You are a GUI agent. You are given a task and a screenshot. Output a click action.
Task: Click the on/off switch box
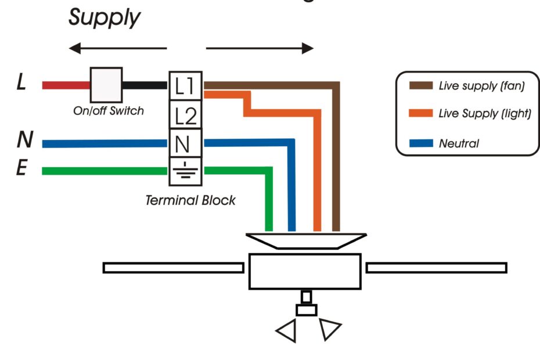[106, 85]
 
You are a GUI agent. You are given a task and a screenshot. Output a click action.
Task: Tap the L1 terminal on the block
[185, 86]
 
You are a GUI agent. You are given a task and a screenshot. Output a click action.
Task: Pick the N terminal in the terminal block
[185, 142]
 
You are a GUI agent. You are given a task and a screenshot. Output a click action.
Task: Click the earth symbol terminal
[185, 171]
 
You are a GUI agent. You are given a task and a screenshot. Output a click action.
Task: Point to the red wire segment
[66, 85]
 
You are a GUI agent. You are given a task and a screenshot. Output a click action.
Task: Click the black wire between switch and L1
[145, 85]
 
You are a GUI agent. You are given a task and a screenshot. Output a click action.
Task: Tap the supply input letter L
[21, 84]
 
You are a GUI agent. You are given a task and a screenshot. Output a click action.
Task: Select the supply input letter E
[21, 170]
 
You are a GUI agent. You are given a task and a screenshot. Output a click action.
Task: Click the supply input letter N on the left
[24, 140]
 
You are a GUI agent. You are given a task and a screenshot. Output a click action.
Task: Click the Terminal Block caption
[190, 200]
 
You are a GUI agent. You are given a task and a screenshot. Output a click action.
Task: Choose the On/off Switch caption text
[108, 110]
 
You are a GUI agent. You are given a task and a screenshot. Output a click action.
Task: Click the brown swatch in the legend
[420, 86]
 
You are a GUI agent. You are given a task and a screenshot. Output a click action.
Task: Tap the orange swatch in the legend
[420, 114]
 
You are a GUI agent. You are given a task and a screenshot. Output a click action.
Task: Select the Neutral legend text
[459, 143]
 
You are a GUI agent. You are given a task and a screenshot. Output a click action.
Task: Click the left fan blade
[173, 268]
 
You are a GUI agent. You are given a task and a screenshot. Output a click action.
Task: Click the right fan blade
[436, 268]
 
